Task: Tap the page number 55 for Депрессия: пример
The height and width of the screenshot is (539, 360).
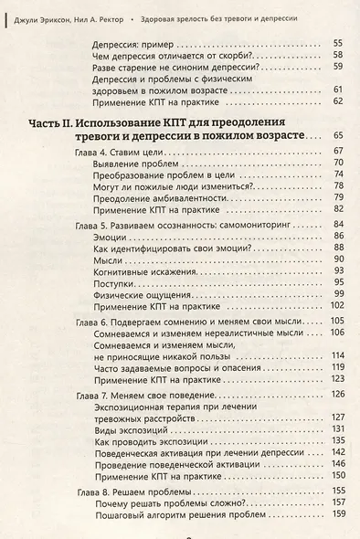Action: coord(337,44)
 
